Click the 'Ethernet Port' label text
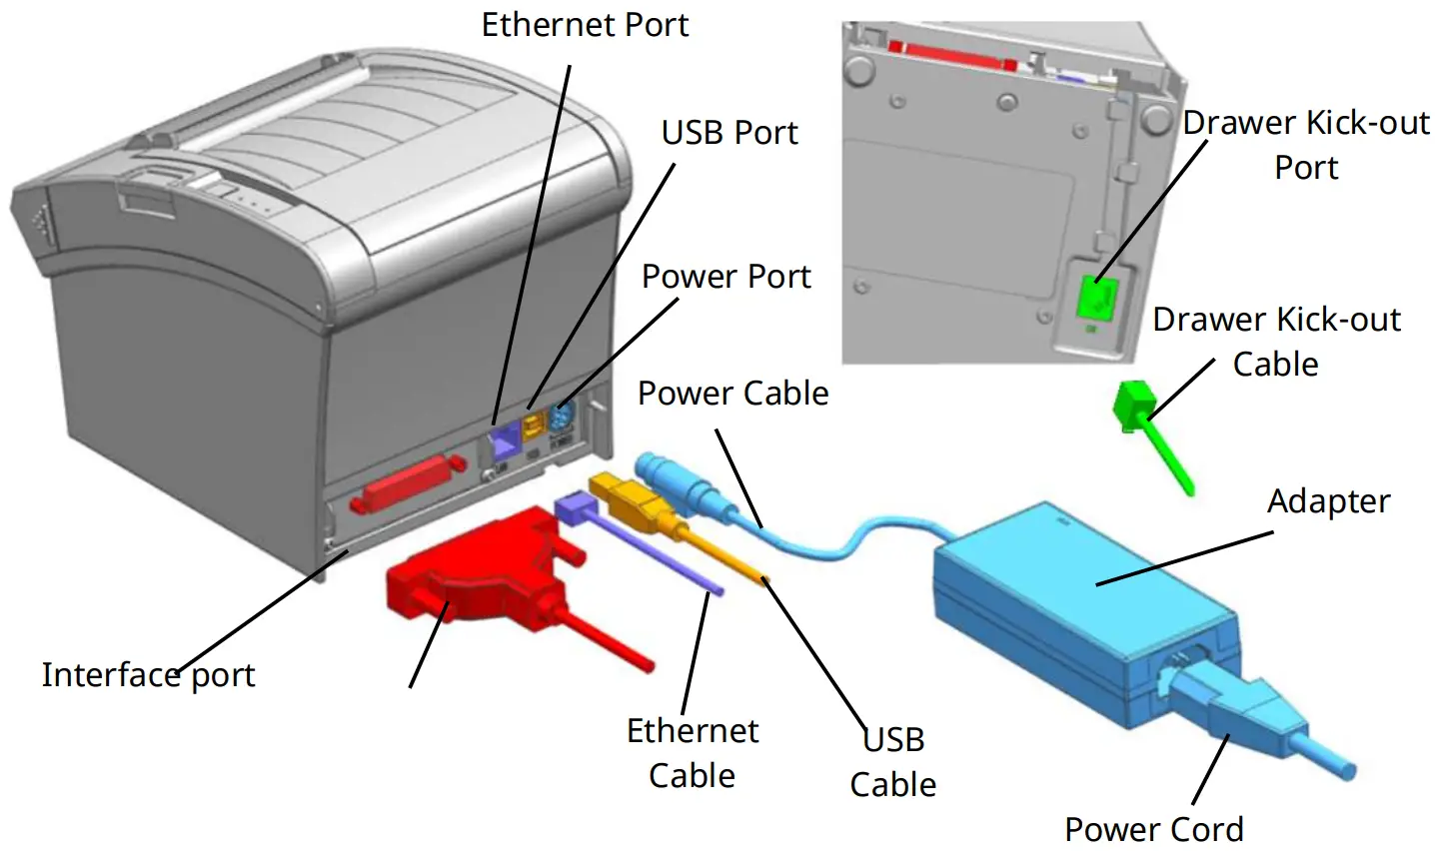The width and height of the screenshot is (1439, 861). click(x=585, y=25)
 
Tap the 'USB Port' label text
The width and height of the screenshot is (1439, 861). click(x=729, y=133)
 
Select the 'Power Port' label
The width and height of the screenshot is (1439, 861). click(x=726, y=277)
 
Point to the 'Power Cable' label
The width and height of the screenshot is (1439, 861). click(x=733, y=394)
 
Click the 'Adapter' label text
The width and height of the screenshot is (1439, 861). click(x=1328, y=501)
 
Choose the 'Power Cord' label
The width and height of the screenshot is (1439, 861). click(x=1154, y=829)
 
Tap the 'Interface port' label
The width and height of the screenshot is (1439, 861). click(x=148, y=675)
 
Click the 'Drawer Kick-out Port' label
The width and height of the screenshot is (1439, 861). click(x=1306, y=145)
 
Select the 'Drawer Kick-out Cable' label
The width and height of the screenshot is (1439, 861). click(x=1276, y=342)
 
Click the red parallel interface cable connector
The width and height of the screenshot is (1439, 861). click(x=470, y=569)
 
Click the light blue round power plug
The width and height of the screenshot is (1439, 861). click(x=666, y=477)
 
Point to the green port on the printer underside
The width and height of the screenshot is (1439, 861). click(x=1096, y=297)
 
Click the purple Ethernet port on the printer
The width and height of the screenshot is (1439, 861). click(x=503, y=434)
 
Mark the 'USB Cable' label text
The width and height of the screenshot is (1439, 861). click(x=893, y=762)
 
